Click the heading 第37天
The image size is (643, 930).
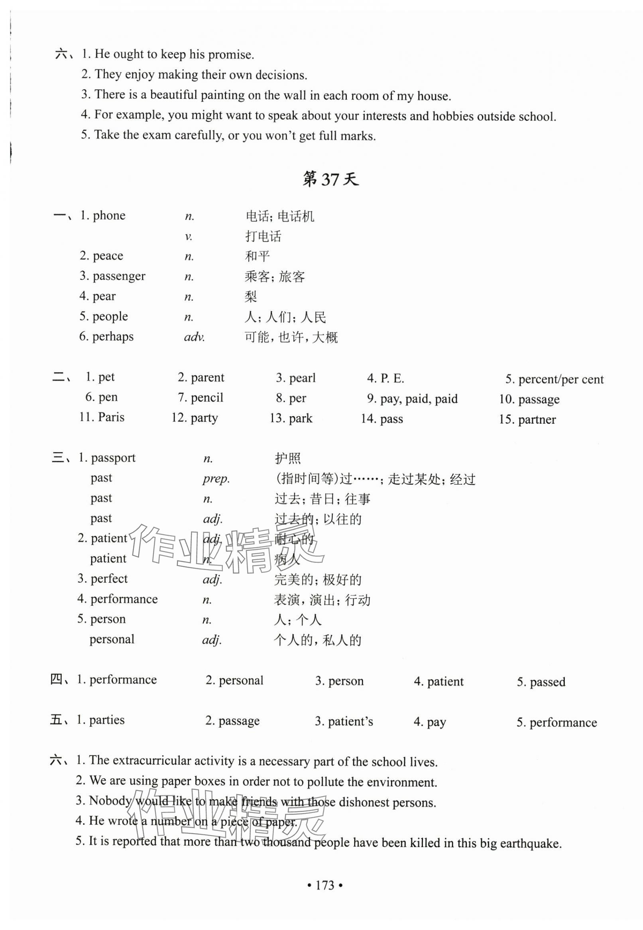coord(330,180)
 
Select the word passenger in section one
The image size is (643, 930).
coord(119,276)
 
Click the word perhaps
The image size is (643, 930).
coord(113,337)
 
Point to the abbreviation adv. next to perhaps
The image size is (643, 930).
coord(195,337)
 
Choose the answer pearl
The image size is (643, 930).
coord(302,378)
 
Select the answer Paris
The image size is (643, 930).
coord(111,417)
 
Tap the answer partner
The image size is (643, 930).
coord(537,420)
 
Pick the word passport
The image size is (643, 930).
coord(113,458)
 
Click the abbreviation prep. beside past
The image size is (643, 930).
coord(216,478)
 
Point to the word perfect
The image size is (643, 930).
coord(109,579)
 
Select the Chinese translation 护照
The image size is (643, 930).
coord(288,458)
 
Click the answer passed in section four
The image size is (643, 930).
coord(547,682)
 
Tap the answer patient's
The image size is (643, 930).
coord(350,722)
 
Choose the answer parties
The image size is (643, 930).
coord(107,720)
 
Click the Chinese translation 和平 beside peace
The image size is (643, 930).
coord(258,256)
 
